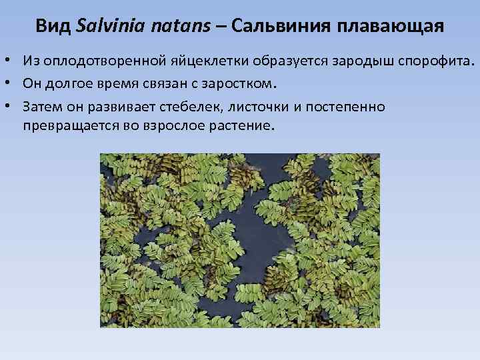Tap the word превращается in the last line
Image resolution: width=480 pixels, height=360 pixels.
point(66,125)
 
